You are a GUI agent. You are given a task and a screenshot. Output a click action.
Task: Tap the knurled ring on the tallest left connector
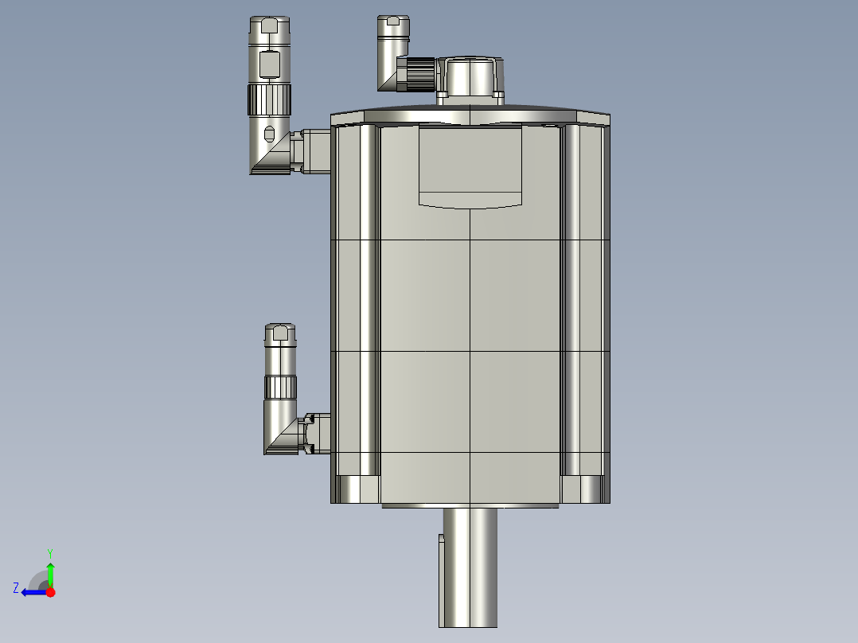pos(270,99)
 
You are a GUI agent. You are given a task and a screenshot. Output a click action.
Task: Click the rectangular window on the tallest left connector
pos(271,64)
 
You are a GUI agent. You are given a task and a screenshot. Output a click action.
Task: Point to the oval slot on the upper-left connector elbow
pos(269,133)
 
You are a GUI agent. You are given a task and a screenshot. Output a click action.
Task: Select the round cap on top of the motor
pos(471,75)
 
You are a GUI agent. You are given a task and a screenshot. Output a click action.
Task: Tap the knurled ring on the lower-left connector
pos(281,388)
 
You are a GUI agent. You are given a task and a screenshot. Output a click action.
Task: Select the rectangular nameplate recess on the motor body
pos(471,166)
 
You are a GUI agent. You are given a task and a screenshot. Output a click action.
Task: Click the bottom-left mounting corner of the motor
pos(356,489)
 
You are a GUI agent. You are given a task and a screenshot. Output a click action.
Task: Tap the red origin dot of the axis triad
pos(50,592)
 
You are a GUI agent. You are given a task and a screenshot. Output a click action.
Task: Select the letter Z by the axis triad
pos(16,588)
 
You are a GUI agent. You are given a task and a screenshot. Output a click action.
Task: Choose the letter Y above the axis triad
pos(50,552)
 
